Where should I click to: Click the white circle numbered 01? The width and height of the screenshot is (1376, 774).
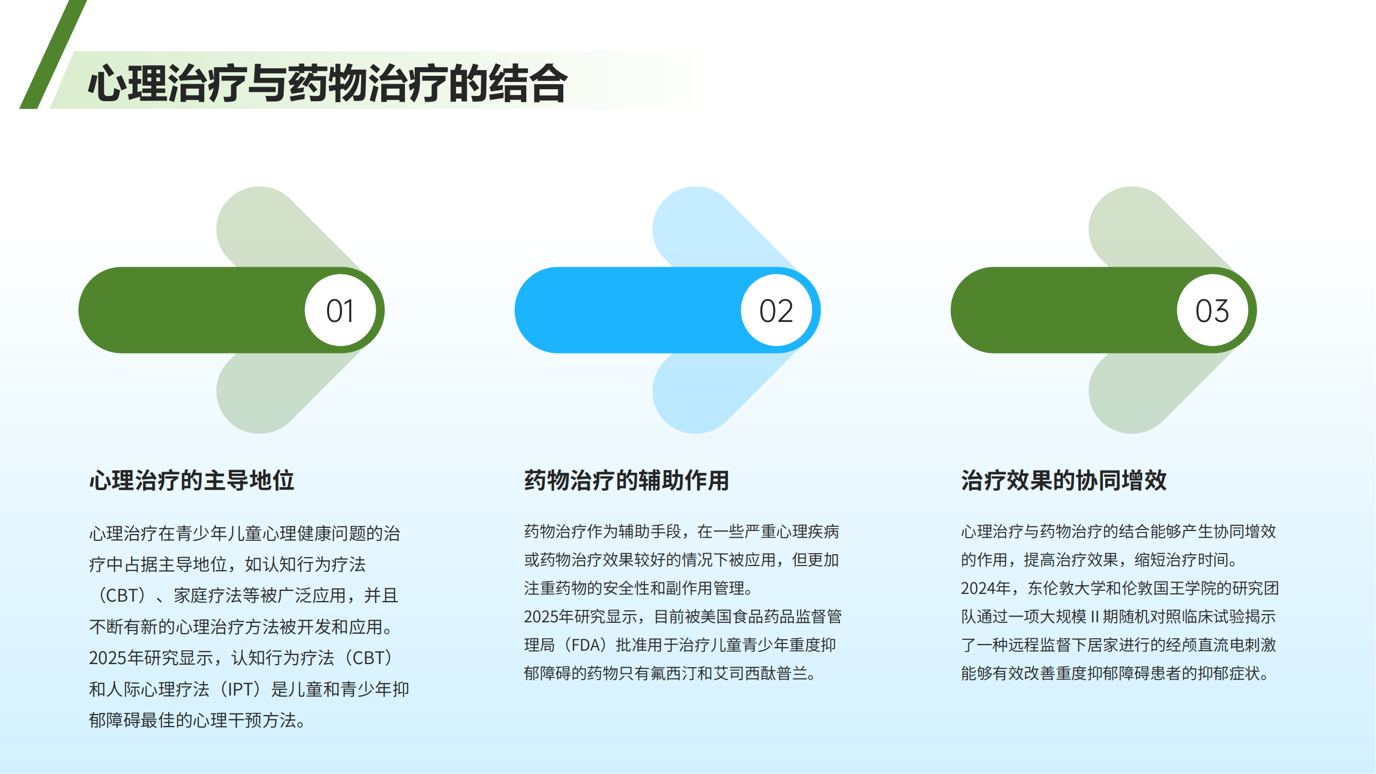(341, 310)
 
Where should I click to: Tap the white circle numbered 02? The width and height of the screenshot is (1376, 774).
(776, 310)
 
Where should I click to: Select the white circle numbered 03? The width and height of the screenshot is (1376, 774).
(1212, 310)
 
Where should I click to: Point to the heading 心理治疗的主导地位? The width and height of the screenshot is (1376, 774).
(191, 480)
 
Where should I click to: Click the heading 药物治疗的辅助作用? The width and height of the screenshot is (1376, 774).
(626, 480)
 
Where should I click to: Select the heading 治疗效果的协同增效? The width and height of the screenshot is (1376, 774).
(1063, 480)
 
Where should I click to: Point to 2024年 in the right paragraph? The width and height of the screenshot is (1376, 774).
(985, 589)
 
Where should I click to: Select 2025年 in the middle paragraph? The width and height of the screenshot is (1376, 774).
(548, 617)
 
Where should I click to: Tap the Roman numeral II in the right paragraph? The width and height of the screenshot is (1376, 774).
(1094, 617)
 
